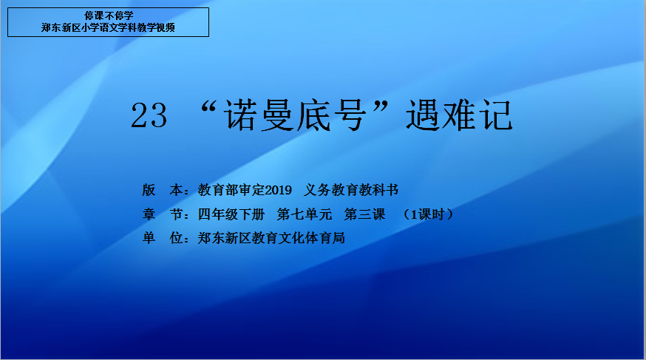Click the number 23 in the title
coord(149,116)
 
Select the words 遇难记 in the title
coord(459,116)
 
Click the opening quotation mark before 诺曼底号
coord(209,108)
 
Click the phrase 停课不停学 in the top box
coord(109,16)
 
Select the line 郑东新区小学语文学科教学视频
coord(109,27)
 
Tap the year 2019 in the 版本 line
coord(278,190)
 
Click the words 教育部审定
coord(231,190)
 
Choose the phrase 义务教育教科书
coord(351,190)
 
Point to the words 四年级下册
coord(231,214)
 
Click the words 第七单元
coord(305,214)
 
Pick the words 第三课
coord(364,214)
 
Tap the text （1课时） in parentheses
coord(429,214)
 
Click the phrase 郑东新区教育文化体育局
coord(271,238)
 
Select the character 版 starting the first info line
coord(149,190)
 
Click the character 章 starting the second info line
coord(149,214)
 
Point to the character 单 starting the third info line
coord(149,238)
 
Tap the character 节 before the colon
coord(177,214)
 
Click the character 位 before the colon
coord(177,238)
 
